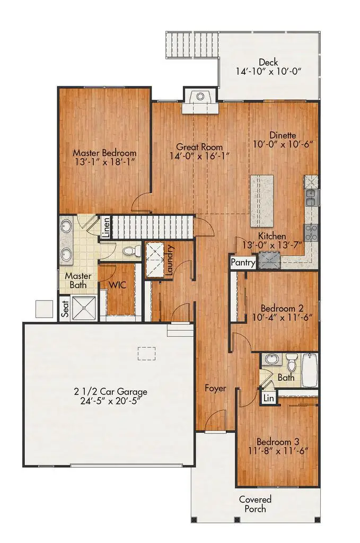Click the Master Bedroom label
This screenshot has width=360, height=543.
tap(104, 153)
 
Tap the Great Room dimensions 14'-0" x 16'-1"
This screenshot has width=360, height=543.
tap(199, 156)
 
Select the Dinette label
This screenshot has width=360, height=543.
tap(282, 135)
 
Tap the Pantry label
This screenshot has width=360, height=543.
tap(243, 262)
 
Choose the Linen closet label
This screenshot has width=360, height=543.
tap(107, 226)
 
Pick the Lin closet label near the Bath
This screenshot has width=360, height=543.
tap(269, 398)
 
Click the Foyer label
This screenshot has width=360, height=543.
tap(216, 388)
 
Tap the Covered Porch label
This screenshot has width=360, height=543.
tap(255, 504)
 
